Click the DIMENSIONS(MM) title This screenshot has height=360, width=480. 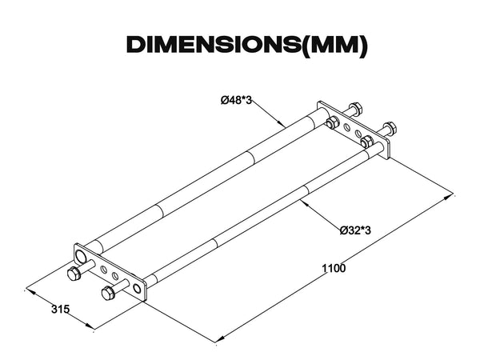coord(246,45)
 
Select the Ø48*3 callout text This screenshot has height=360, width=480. coord(236,100)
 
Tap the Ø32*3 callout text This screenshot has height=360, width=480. coord(355,230)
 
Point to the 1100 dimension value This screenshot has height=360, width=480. coord(334,268)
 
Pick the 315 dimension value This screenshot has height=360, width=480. coord(60,309)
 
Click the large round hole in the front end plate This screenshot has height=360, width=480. coord(81,256)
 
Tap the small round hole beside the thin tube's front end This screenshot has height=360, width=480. coord(138,288)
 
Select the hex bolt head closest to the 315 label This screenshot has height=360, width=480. coord(74,273)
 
